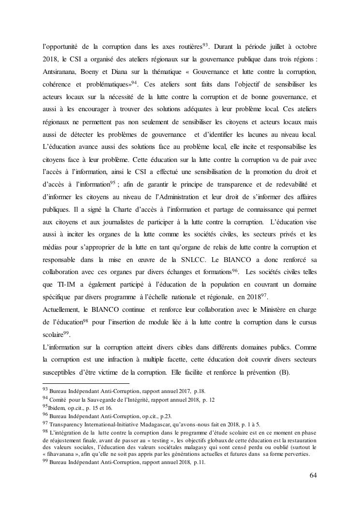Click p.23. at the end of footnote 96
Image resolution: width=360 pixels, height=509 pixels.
click(x=167, y=415)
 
